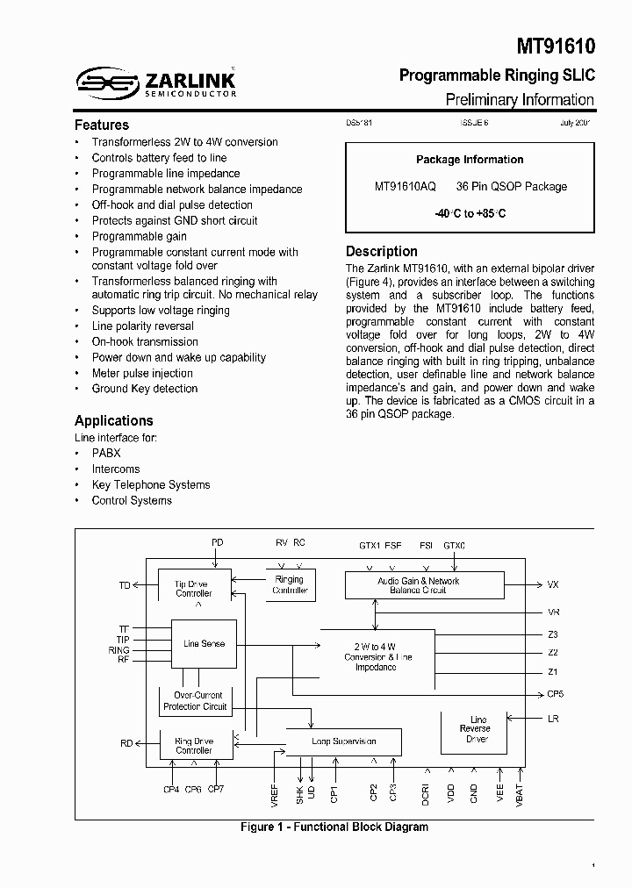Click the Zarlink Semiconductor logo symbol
coord(106,84)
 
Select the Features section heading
coord(102,125)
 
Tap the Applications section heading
coord(114,420)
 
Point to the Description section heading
coord(382,251)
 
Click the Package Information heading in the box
coord(470,160)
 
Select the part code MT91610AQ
coord(405,187)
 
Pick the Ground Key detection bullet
coord(145,389)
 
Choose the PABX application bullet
coord(106,453)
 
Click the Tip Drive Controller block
coord(194,589)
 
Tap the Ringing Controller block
coord(290,585)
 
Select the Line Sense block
coord(204,644)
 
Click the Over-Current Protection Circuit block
coord(195,701)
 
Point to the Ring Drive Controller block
coord(194,746)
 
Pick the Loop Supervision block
coord(344,741)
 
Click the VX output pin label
coord(553,584)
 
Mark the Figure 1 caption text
coord(334,827)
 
